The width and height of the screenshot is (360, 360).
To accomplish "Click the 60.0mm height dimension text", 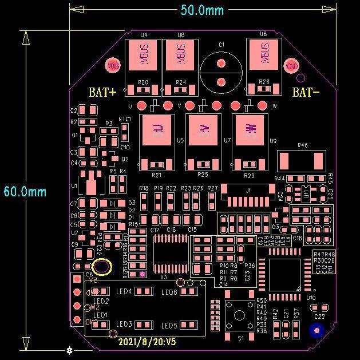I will pyautogui.click(x=25, y=191).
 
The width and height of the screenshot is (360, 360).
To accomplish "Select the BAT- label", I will pyautogui.click(x=306, y=92).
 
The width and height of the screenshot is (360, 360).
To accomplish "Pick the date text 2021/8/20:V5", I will pyautogui.click(x=147, y=342).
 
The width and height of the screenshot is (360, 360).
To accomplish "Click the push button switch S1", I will pyautogui.click(x=240, y=315).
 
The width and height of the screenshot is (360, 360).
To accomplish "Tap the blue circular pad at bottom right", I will pyautogui.click(x=317, y=330).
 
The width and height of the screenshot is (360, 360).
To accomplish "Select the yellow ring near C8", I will pyautogui.click(x=102, y=267).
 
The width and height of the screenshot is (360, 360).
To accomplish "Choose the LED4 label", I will pyautogui.click(x=124, y=291).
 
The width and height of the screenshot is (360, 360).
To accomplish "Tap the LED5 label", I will pyautogui.click(x=169, y=325).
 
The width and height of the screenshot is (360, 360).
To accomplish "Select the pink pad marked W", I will pyautogui.click(x=250, y=128).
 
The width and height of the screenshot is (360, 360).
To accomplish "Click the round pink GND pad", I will pyautogui.click(x=292, y=65).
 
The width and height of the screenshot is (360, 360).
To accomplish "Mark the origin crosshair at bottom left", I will pyautogui.click(x=70, y=350).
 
